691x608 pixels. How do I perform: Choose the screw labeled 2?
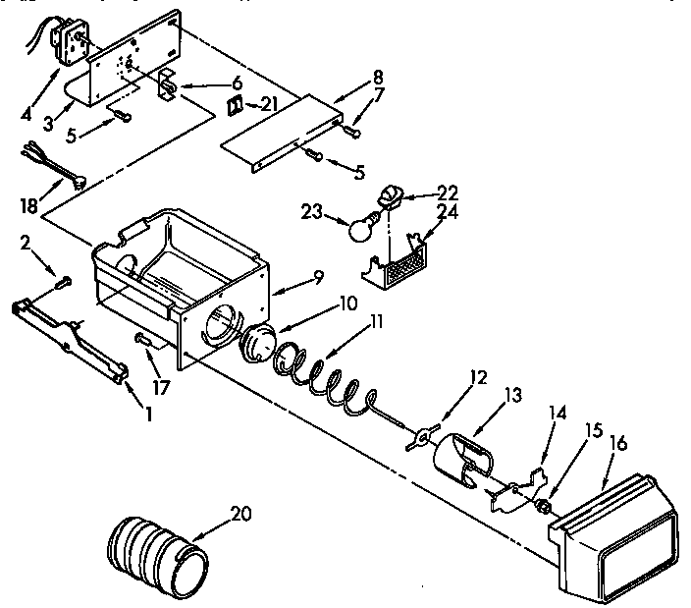coord(64,282)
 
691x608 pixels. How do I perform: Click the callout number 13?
coord(484,396)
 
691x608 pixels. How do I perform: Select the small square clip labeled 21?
coord(236,105)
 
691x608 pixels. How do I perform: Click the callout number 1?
coord(148,415)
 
